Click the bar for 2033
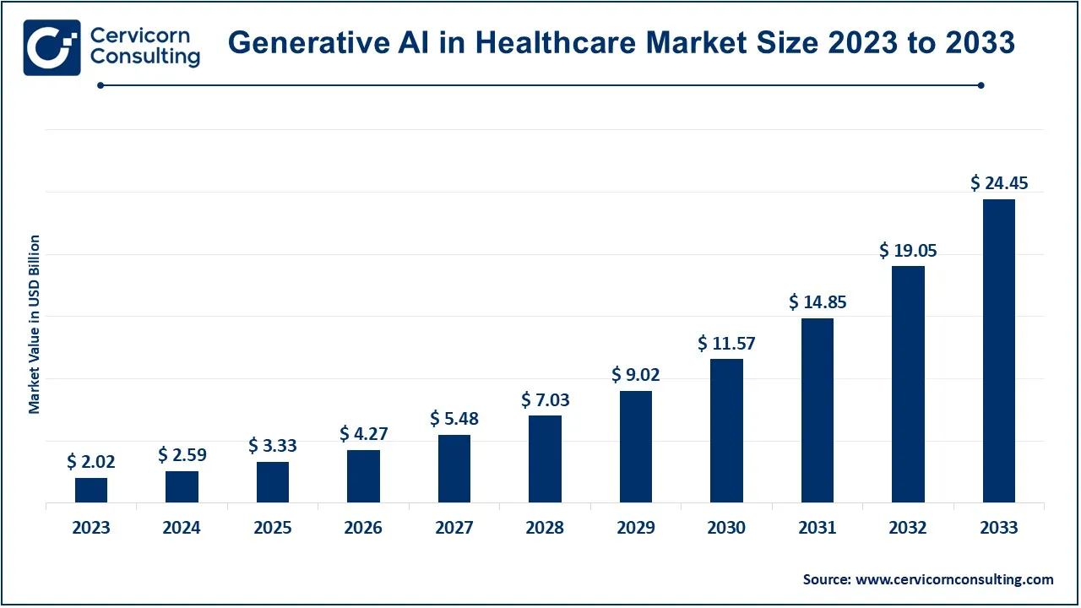click(999, 350)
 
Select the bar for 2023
click(91, 491)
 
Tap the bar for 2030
click(726, 431)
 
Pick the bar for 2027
click(454, 469)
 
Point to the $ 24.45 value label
click(999, 182)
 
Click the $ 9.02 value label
click(636, 375)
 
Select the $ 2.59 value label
click(182, 455)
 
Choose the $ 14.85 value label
click(818, 301)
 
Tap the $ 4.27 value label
click(364, 434)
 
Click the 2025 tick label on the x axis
click(273, 528)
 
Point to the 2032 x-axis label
click(909, 528)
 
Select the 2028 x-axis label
click(546, 528)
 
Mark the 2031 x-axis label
click(818, 528)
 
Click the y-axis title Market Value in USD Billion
click(35, 324)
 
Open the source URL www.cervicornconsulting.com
click(954, 579)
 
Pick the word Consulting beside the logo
click(145, 57)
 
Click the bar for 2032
click(909, 384)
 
